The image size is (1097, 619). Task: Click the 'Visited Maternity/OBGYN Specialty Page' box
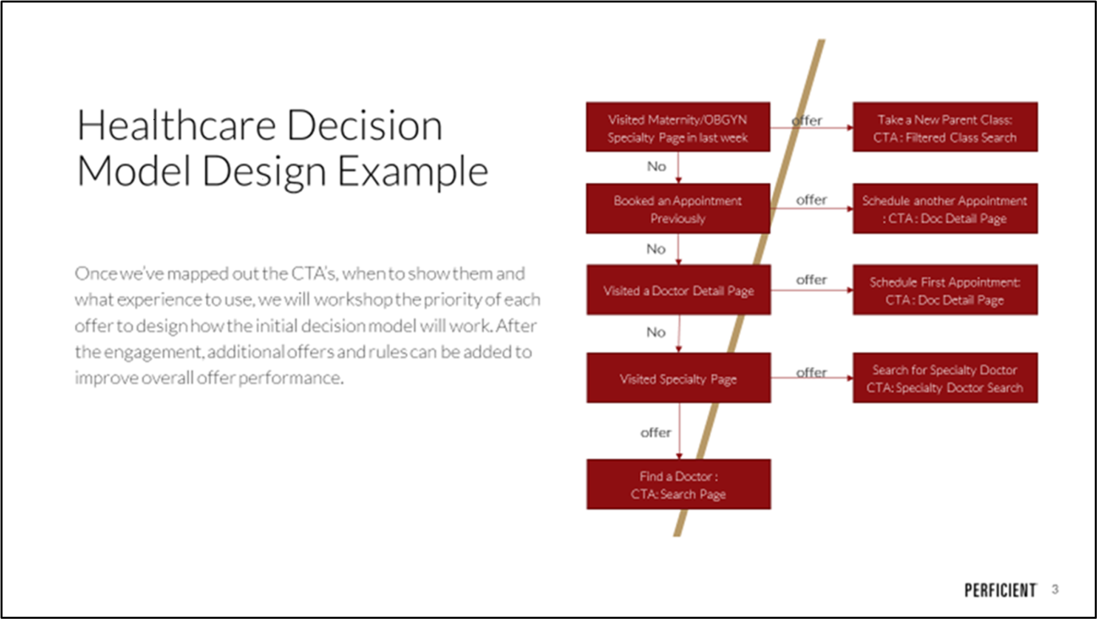click(678, 127)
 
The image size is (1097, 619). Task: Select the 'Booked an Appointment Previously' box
click(678, 208)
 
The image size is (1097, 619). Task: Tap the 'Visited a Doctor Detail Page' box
click(678, 290)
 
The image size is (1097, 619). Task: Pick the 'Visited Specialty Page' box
click(678, 378)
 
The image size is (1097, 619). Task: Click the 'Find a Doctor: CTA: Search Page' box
click(678, 484)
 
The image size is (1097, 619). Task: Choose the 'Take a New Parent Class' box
click(945, 127)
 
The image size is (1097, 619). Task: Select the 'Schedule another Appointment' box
click(945, 208)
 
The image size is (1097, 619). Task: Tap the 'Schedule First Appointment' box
click(945, 290)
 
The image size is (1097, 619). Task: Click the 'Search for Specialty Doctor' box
click(945, 378)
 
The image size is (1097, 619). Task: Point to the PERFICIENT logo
click(1000, 590)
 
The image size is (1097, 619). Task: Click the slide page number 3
click(1055, 589)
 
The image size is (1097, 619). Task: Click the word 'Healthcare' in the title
click(177, 126)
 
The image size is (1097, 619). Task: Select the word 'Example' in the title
click(413, 171)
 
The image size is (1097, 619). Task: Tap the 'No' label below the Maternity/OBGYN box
click(656, 166)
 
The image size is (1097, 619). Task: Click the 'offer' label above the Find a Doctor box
click(655, 432)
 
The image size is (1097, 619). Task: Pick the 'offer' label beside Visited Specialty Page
click(811, 372)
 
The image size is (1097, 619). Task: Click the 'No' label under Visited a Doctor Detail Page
click(656, 332)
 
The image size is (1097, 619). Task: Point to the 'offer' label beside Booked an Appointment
click(811, 200)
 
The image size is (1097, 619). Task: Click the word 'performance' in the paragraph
click(290, 378)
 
